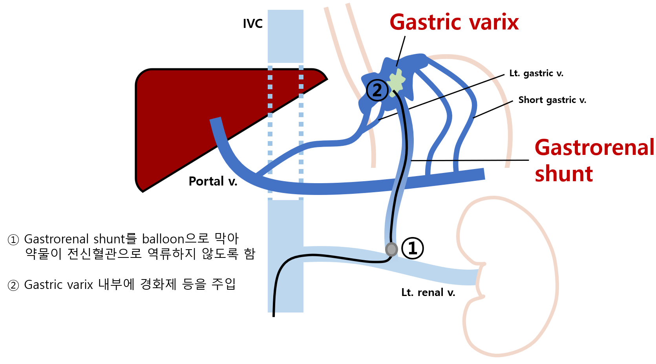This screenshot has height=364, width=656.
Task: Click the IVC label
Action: tap(252, 24)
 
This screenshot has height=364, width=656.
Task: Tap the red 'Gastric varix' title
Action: tap(454, 22)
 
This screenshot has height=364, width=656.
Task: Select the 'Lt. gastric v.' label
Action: tap(536, 73)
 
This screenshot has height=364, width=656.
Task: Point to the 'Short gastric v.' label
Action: tap(552, 100)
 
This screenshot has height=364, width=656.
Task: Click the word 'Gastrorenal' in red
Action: tap(594, 147)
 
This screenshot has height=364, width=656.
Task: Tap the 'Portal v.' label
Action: tap(213, 181)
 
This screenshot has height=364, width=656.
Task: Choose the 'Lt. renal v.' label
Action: tap(428, 292)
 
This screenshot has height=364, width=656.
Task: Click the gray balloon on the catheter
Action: tap(391, 249)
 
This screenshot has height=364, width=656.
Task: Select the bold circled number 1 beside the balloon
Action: tap(412, 248)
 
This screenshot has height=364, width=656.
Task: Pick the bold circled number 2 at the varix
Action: tap(377, 90)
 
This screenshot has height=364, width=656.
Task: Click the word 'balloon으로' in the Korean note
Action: tap(175, 239)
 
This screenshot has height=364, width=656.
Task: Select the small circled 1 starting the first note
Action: tap(13, 239)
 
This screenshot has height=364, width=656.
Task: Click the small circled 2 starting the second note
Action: tap(13, 285)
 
